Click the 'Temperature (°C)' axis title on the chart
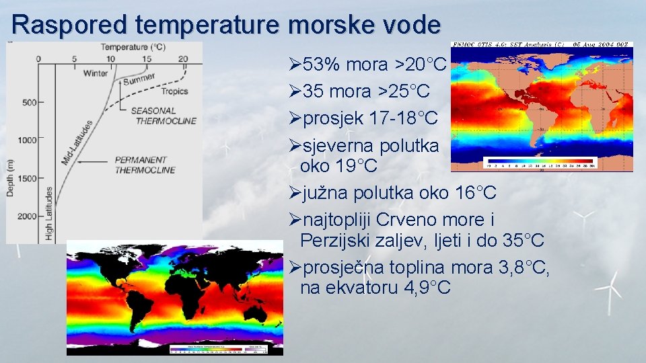[133, 47]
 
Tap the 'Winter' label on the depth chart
[95, 73]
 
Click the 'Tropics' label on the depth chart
[174, 91]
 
